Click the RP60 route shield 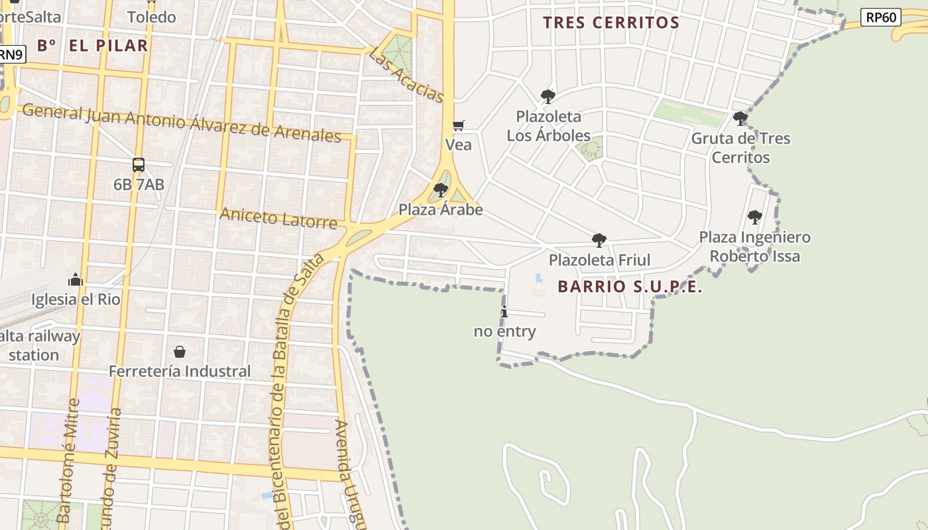[881, 17]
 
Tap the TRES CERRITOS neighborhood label [611, 23]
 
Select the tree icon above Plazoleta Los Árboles [548, 97]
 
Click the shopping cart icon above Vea [458, 125]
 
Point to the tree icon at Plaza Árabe [440, 191]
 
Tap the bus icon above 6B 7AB [138, 165]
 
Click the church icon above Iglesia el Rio [76, 280]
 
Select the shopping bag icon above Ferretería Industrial [179, 351]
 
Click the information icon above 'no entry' [504, 312]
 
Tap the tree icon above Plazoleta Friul [599, 240]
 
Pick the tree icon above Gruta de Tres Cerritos [740, 119]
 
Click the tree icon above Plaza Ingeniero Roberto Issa [754, 217]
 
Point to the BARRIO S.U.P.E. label [630, 287]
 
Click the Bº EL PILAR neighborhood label [92, 46]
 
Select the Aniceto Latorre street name [278, 217]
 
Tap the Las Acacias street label [406, 74]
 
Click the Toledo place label [152, 17]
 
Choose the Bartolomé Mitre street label [68, 460]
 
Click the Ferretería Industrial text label [180, 371]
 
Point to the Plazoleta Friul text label [599, 260]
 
